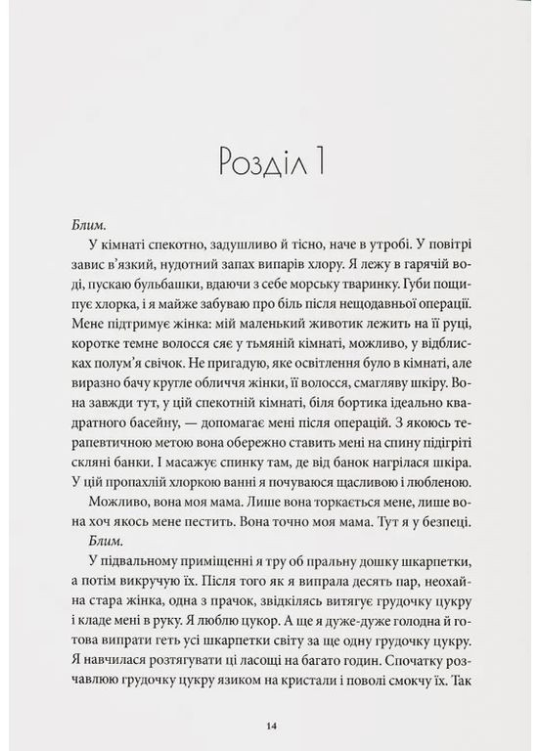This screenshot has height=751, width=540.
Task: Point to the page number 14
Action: tap(270, 725)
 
